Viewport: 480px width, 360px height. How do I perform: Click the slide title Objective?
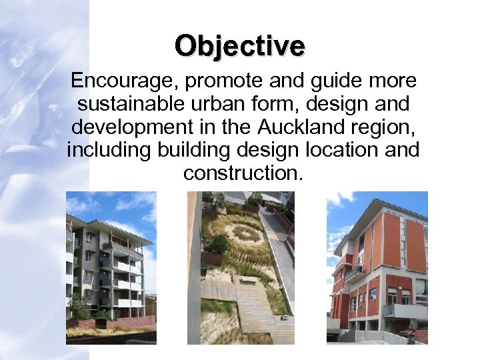240,46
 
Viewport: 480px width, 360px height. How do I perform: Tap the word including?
109,150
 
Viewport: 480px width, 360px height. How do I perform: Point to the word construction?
243,173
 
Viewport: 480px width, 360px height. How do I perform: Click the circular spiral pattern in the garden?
246,233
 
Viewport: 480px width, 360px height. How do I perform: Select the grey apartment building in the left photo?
107,267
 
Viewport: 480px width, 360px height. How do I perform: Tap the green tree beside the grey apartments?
79,307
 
